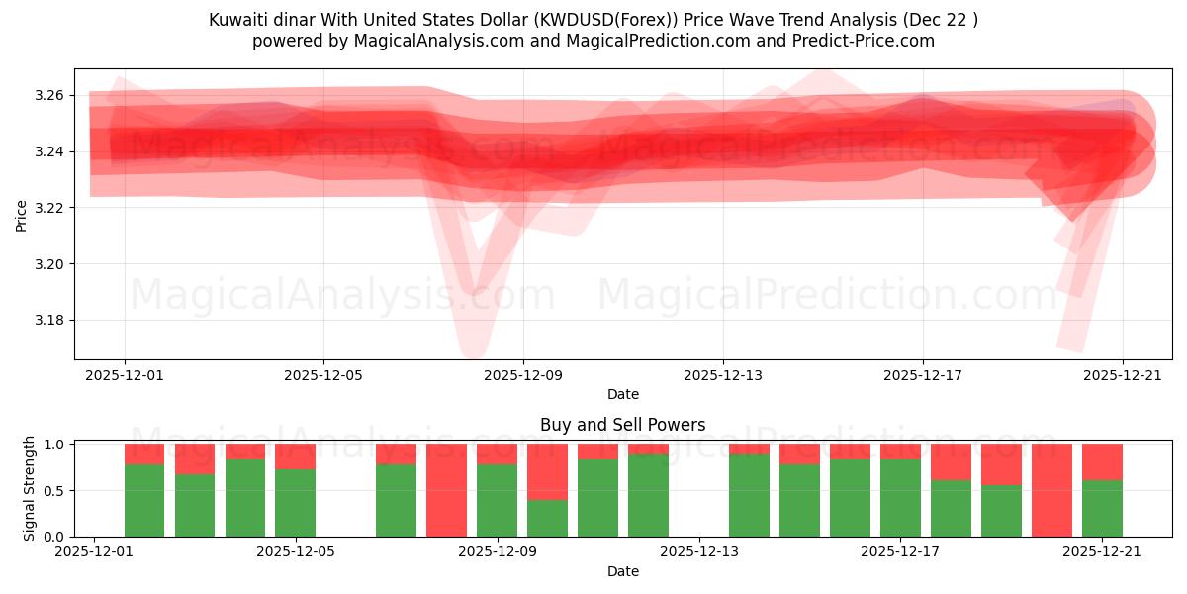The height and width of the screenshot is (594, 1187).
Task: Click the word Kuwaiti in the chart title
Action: tap(237, 20)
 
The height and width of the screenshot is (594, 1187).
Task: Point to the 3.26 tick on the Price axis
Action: tap(48, 96)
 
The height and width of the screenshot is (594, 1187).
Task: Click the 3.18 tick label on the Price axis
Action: tap(48, 321)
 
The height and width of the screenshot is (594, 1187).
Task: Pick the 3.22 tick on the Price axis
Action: tap(48, 208)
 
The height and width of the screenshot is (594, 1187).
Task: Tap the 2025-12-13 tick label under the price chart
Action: tap(723, 376)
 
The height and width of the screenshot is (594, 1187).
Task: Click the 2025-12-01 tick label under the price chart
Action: tap(125, 376)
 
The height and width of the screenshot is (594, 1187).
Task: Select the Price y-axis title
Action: tap(22, 215)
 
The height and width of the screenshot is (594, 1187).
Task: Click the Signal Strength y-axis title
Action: tap(30, 488)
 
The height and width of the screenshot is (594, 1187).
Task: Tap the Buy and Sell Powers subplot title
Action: tap(622, 425)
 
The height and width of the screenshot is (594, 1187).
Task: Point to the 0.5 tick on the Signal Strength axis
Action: tap(54, 491)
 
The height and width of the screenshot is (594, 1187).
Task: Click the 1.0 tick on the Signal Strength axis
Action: tap(54, 445)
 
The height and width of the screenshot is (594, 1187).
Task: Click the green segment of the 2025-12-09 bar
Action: tap(497, 501)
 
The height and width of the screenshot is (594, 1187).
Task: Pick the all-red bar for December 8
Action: tap(446, 490)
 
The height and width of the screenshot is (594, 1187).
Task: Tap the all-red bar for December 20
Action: tap(1051, 490)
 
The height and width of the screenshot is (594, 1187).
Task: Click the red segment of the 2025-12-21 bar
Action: tap(1102, 461)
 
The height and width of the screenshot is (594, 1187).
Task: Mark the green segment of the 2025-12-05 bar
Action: tap(295, 503)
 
